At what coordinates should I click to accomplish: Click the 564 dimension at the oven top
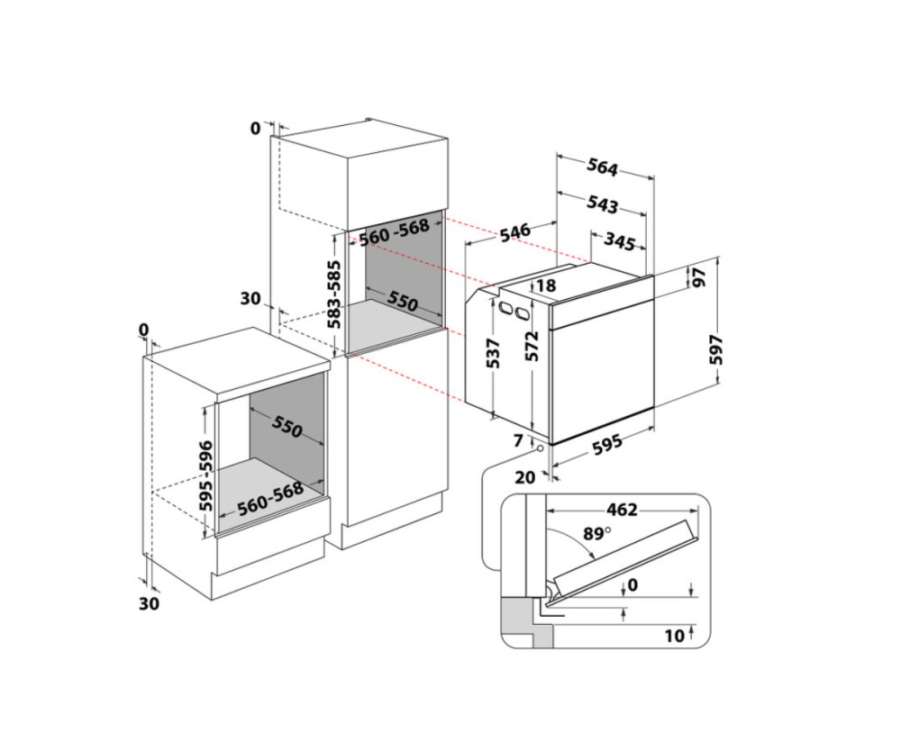pos(602,167)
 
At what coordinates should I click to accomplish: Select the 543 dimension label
pos(602,204)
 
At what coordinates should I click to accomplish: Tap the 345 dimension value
pos(619,242)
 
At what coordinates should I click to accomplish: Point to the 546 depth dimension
pos(514,232)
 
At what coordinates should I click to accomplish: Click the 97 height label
pos(699,277)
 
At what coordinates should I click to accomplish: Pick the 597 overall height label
pos(716,349)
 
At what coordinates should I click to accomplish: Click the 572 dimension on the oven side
pos(532,345)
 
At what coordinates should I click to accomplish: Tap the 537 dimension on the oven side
pos(493,353)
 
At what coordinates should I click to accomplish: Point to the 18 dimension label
pos(547,285)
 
